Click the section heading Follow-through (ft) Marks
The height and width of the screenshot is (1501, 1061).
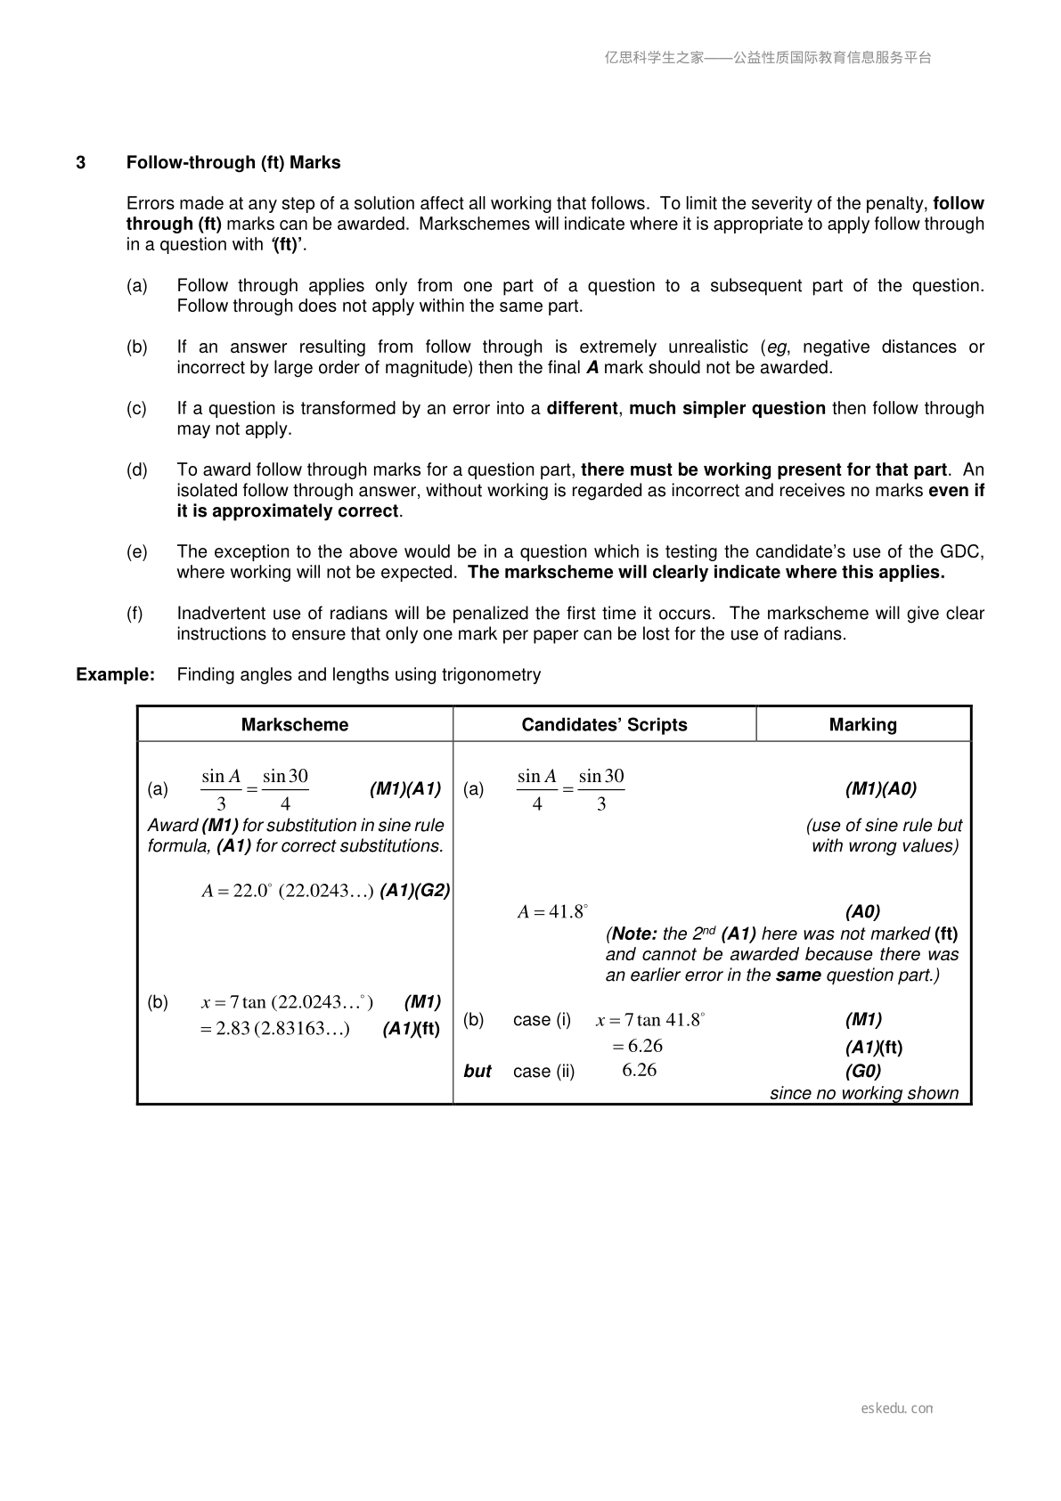pos(233,162)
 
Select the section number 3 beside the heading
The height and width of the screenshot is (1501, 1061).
pos(81,162)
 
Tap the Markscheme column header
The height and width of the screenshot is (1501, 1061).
pos(295,724)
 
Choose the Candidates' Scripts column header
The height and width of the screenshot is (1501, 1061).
pos(604,724)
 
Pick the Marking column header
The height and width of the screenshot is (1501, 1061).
pos(862,724)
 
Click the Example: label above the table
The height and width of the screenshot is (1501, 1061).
pos(116,674)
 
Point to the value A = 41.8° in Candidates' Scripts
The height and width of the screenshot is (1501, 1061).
pos(552,911)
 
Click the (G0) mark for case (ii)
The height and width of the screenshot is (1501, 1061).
pos(862,1071)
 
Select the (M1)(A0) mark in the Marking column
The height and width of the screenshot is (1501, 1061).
pos(880,788)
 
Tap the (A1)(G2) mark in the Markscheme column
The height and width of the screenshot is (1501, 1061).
pos(414,890)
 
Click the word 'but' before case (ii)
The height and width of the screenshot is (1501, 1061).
pos(477,1072)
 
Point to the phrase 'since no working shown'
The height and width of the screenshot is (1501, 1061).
pos(864,1093)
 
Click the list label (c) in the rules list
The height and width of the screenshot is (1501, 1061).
pos(136,408)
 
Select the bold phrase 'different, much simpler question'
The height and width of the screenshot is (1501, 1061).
pos(686,408)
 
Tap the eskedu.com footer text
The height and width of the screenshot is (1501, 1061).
pos(897,1408)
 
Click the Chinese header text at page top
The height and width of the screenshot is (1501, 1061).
pos(768,58)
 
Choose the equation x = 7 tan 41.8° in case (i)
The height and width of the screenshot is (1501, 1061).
pos(650,1020)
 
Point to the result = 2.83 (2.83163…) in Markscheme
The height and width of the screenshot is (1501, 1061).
pos(275,1029)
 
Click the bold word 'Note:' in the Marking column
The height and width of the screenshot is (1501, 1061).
pos(635,934)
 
